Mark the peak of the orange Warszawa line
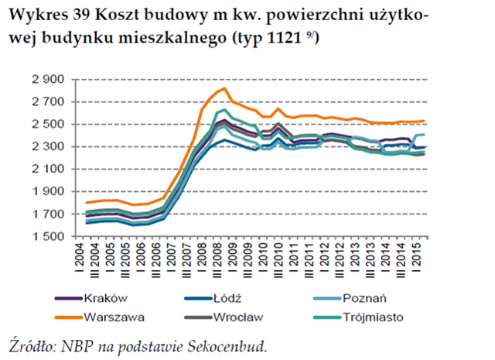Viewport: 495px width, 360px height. (x=224, y=89)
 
